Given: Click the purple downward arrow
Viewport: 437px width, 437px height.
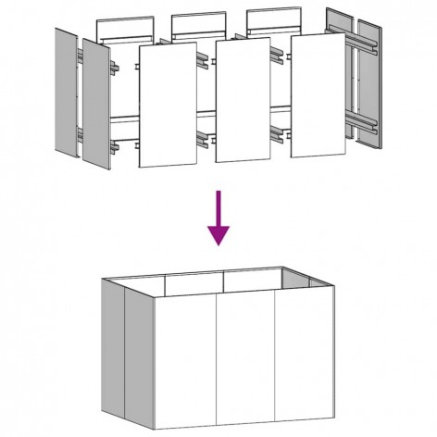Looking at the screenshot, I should coord(218,217).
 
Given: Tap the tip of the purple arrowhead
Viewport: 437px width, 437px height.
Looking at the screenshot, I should coord(218,244).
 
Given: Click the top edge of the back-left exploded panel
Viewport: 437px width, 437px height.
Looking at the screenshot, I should coord(124,17).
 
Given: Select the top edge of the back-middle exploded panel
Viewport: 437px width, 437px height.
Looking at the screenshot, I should coord(198,14).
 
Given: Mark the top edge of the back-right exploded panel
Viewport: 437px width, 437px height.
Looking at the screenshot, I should coord(272,11).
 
